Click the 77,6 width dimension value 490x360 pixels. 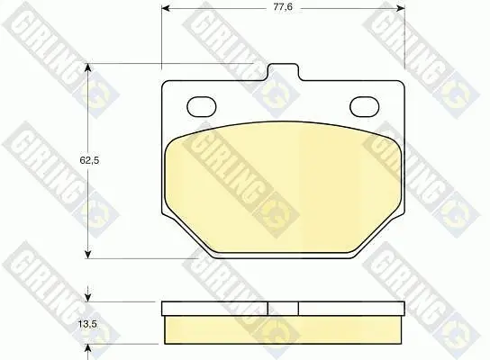pyautogui.click(x=283, y=7)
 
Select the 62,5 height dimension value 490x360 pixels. pyautogui.click(x=89, y=160)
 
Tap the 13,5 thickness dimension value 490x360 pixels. pyautogui.click(x=87, y=324)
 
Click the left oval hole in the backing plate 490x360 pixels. pyautogui.click(x=201, y=107)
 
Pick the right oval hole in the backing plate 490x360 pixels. pyautogui.click(x=365, y=107)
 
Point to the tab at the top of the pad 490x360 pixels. pyautogui.click(x=284, y=72)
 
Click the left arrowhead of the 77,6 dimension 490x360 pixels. pyautogui.click(x=166, y=8)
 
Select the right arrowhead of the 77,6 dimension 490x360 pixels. pyautogui.click(x=400, y=8)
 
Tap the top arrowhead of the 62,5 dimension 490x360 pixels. pyautogui.click(x=88, y=67)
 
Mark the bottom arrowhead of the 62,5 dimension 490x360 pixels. pyautogui.click(x=88, y=254)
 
